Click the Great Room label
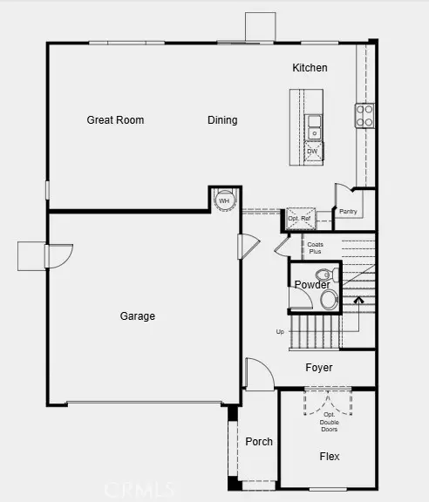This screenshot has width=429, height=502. tap(115, 120)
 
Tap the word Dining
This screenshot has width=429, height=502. tap(222, 120)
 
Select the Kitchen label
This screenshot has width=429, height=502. tap(310, 68)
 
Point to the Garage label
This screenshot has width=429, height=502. tap(138, 316)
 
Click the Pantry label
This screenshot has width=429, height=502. tap(348, 212)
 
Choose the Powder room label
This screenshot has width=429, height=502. tap(311, 285)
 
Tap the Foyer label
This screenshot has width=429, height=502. tap(319, 368)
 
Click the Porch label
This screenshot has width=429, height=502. tap(259, 442)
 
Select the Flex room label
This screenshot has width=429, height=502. tap(330, 457)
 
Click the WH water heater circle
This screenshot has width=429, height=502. tap(224, 200)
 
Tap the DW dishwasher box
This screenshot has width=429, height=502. tap(312, 152)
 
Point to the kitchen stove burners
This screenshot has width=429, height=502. tap(364, 115)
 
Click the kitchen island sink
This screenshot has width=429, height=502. tap(313, 126)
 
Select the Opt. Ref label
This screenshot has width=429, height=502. tap(299, 218)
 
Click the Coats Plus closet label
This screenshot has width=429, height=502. tap(315, 248)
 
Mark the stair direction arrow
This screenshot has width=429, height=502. tap(357, 302)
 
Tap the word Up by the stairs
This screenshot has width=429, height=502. tap(280, 332)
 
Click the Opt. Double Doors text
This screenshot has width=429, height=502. tap(329, 422)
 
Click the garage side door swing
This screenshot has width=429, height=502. tap(59, 256)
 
